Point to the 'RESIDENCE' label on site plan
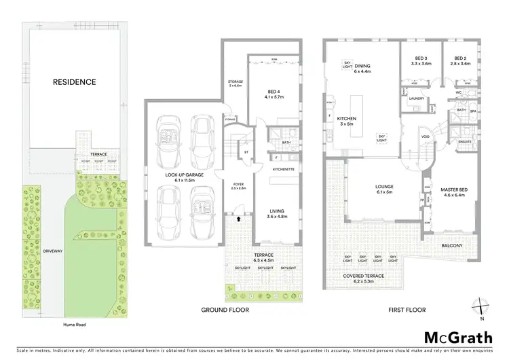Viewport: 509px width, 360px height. [75, 82]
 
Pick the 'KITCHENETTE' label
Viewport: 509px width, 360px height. [282, 168]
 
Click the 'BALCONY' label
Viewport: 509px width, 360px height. [452, 245]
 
